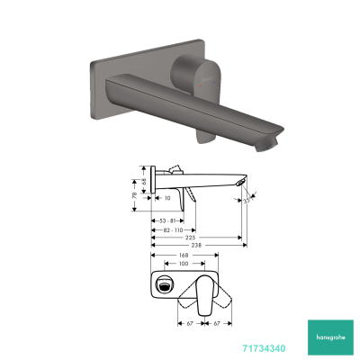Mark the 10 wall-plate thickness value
pyautogui.click(x=168, y=198)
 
